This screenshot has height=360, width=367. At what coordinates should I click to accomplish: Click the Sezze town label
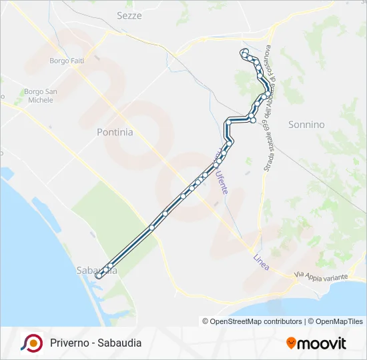[x=129, y=15]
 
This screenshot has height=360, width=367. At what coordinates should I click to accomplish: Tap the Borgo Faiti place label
[x=66, y=61]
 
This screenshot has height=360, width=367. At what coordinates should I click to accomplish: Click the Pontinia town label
[x=115, y=132]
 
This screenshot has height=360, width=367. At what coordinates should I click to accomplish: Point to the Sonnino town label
[x=306, y=125]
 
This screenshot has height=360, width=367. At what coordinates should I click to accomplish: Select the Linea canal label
[x=261, y=262]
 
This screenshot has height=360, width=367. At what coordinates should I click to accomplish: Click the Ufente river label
[x=222, y=179]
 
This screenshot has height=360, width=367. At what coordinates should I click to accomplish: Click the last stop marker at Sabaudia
[x=99, y=275]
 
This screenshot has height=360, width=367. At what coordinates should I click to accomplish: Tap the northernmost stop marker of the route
[x=245, y=51]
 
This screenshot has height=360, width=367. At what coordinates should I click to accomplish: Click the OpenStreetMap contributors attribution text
[x=252, y=321]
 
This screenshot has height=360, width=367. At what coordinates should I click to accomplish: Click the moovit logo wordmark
[x=321, y=343]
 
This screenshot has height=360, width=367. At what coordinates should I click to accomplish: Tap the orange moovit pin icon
[x=291, y=343]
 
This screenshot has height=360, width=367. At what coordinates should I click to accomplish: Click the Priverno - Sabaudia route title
[x=95, y=343]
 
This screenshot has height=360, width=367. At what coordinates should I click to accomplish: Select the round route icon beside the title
[x=31, y=343]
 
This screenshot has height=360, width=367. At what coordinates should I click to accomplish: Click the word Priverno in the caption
[x=68, y=343]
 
